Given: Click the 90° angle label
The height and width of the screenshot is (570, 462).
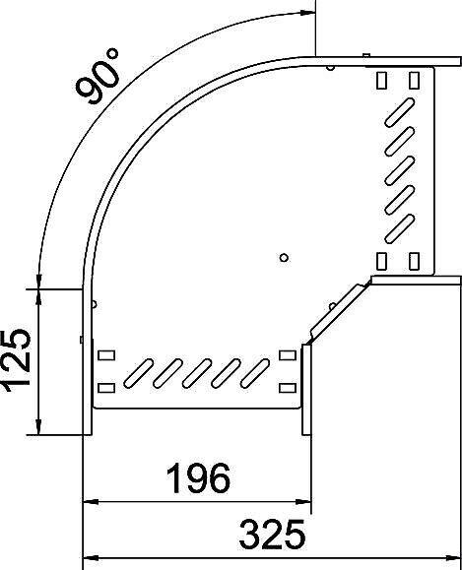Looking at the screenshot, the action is tap(98, 77).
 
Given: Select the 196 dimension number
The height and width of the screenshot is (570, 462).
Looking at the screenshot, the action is tap(198, 477).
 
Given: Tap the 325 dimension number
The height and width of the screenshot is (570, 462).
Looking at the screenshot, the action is tap(272, 535).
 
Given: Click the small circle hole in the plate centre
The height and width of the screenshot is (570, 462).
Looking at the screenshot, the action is tap(284, 258).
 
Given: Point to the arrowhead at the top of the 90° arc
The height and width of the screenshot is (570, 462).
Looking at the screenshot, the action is tap(307, 13).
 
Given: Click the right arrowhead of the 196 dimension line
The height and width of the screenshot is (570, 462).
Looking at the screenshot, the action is tap(303, 502).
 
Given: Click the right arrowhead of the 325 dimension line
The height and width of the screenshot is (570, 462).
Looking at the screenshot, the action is tap(453, 558).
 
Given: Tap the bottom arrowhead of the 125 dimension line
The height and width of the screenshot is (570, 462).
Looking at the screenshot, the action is tap(38, 426).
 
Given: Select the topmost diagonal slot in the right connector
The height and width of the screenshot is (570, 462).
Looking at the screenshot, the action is tap(399, 112).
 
